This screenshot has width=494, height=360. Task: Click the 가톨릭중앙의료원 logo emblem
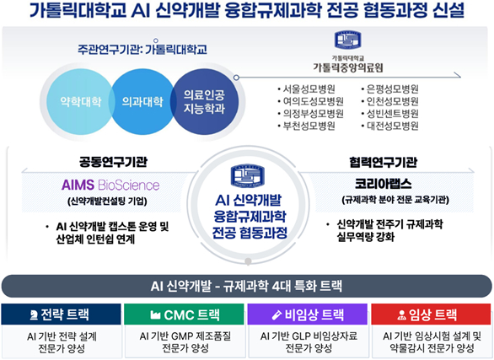pos(346,40)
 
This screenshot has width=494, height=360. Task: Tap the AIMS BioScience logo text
pos(110,185)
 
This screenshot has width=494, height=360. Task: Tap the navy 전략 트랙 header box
pos(62,314)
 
